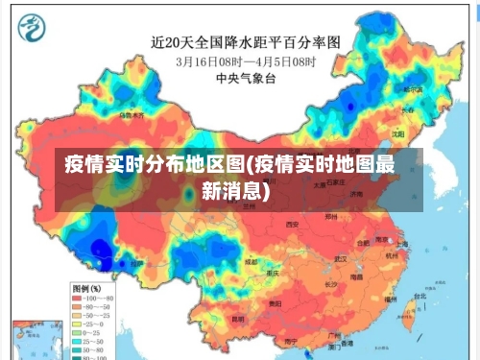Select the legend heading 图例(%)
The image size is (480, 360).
tap(90, 288)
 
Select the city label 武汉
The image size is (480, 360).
tap(339, 258)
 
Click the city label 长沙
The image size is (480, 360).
tap(329, 284)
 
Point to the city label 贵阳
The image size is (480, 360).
tap(276, 303)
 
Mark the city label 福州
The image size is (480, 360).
tap(389, 300)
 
